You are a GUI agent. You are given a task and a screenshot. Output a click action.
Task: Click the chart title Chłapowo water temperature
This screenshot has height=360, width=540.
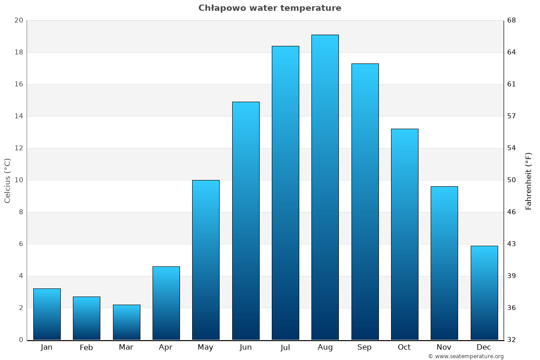(x=270, y=8)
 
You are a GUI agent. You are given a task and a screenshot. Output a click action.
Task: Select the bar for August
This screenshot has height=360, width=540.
(x=325, y=187)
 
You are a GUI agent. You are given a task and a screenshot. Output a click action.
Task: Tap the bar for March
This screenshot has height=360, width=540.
(x=126, y=322)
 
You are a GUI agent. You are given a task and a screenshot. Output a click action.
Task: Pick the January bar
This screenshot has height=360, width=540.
(x=47, y=314)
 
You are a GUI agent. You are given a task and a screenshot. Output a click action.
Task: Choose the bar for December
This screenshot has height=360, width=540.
(x=484, y=292)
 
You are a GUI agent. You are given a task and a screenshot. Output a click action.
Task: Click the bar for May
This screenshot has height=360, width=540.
(x=206, y=260)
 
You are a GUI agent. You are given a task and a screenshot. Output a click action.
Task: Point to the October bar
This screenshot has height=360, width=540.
(x=405, y=234)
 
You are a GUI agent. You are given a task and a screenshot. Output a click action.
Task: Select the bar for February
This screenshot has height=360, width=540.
(x=86, y=318)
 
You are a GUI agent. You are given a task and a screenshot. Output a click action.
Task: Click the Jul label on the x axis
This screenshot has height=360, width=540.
(x=285, y=347)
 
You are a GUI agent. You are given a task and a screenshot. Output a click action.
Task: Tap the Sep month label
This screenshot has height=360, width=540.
(x=364, y=347)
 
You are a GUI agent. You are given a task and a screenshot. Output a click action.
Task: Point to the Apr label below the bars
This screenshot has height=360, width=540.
(x=166, y=347)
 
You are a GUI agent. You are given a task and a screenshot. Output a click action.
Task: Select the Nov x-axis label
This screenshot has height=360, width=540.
(x=444, y=347)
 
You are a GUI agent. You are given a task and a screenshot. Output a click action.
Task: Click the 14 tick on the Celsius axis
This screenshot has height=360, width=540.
(x=18, y=116)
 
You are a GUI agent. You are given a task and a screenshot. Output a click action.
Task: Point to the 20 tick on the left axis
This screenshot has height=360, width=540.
(x=18, y=20)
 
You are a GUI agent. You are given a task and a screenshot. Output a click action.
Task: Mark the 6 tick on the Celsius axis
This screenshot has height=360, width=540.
(x=21, y=244)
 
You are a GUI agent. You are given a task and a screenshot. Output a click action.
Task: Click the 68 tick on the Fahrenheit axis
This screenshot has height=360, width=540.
(x=512, y=20)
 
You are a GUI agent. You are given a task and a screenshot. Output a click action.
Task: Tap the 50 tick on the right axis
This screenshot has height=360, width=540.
(x=512, y=180)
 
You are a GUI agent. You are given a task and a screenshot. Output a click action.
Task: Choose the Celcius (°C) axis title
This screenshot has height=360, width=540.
(x=8, y=180)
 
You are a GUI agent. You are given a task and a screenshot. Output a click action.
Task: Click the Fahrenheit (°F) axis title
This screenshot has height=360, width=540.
(x=529, y=180)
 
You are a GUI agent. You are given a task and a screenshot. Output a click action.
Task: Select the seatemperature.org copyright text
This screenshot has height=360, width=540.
(x=466, y=356)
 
